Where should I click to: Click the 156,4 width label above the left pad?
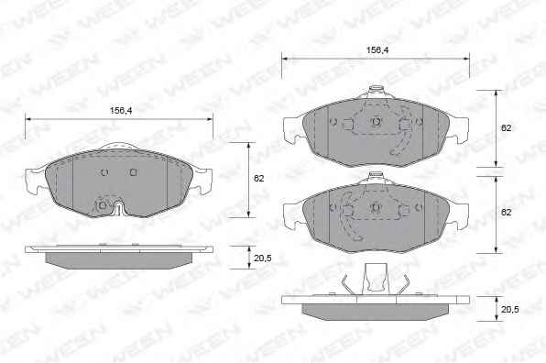pos(121,111)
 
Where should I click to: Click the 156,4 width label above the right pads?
pos(377,50)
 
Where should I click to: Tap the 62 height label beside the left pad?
pos(258,179)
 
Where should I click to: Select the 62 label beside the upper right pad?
pos(506,128)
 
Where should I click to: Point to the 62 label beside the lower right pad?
pos(506,212)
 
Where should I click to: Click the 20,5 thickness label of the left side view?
pos(263,258)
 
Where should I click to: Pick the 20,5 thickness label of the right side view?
pos(509,309)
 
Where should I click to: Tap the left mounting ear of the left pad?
pos(36,180)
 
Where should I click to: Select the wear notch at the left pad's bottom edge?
pos(119,208)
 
